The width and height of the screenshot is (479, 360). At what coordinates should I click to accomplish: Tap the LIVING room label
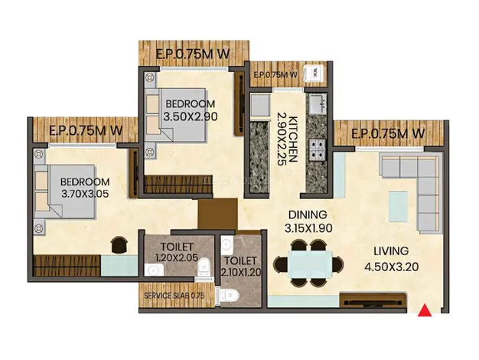point(390,250)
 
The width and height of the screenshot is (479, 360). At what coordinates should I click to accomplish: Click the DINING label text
point(308,214)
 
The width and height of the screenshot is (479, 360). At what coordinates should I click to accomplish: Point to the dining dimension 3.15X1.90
point(308,227)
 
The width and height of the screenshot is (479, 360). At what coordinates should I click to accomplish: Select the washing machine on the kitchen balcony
point(313,73)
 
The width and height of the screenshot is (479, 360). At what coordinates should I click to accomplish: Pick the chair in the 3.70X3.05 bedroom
point(120,244)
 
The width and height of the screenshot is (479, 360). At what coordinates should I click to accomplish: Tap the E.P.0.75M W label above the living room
point(387,133)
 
